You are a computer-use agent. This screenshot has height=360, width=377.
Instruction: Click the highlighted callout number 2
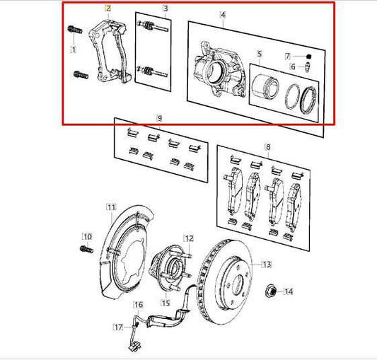(108, 8)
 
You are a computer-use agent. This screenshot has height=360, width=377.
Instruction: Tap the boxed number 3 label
(165, 8)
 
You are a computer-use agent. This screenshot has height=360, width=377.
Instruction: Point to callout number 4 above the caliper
(223, 14)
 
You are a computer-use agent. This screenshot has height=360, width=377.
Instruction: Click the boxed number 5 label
(260, 54)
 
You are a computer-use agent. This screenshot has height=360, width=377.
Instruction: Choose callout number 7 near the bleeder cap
(288, 55)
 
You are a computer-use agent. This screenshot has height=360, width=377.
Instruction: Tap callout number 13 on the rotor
(267, 265)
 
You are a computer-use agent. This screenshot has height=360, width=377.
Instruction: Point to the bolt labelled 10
(86, 249)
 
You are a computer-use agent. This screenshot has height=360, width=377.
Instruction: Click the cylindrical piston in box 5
(267, 86)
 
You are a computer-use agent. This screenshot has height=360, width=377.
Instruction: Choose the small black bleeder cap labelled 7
(309, 57)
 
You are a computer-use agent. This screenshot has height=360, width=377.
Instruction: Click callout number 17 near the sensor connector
(118, 327)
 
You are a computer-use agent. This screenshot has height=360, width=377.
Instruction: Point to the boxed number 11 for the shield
(110, 207)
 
